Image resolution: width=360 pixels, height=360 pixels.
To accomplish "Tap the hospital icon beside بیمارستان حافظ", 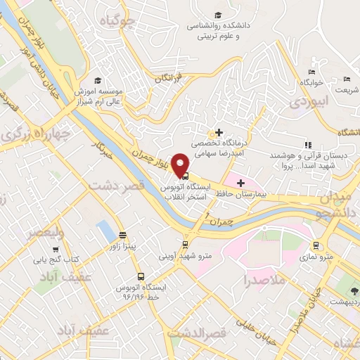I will pos(241,183).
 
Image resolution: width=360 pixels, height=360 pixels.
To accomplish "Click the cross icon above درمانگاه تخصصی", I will pos(219,132).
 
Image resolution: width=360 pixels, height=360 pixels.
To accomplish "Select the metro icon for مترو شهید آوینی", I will pos(185,245).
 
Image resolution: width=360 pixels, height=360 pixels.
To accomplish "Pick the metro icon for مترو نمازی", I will pos(316,245).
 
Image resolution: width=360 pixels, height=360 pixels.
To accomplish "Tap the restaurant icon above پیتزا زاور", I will pos(124,235).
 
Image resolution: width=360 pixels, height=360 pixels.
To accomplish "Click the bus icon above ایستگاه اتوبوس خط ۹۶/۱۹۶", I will pos(141,276).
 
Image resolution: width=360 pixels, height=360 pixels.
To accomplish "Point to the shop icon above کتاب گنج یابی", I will pos(56,249).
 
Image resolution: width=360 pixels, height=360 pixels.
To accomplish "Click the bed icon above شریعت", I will pos(346,79).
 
